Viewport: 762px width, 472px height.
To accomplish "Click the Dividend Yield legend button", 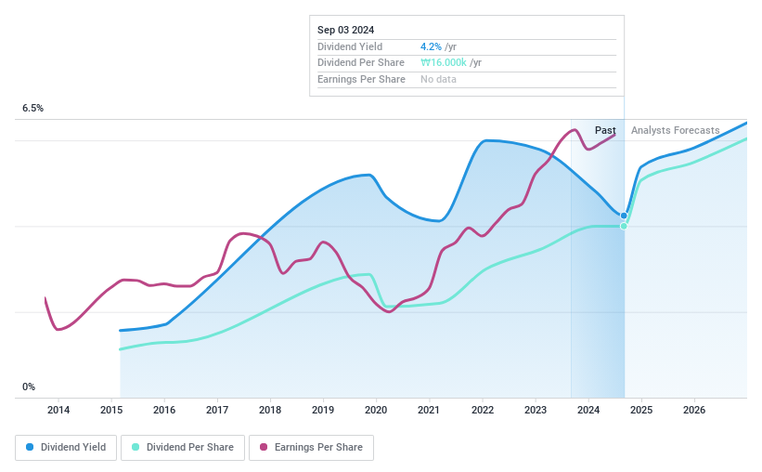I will tap(66, 447).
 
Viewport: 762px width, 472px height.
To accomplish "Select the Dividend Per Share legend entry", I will tap(184, 447).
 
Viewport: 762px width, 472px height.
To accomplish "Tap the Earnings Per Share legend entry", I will tap(311, 447).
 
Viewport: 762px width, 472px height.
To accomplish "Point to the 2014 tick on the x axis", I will tap(58, 410).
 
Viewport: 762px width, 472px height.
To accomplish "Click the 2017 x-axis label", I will tap(217, 410).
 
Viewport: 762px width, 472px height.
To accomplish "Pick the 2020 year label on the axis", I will tap(376, 410).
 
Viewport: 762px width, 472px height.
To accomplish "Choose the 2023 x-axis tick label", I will tap(536, 410).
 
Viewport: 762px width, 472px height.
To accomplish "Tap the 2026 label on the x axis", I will tap(694, 410).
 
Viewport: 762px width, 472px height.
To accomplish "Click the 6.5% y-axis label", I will tap(33, 109).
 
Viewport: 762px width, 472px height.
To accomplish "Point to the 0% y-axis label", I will tap(29, 387).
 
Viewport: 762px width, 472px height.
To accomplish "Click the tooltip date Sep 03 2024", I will tap(345, 30).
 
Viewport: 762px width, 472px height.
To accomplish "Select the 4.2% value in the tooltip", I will tap(431, 46).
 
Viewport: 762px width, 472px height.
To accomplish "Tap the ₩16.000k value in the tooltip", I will tap(444, 63).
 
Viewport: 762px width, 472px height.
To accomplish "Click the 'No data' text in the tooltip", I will tap(438, 80).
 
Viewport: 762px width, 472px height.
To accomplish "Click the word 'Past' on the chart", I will tap(605, 130).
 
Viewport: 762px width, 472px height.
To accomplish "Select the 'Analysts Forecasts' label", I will tap(675, 130).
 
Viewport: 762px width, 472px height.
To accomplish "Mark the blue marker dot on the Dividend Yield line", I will tap(624, 216).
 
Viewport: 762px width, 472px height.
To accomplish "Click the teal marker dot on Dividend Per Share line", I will tap(624, 226).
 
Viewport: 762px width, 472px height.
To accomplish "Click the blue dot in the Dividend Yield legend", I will tap(31, 447).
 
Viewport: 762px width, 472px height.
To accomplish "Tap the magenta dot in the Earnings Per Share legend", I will tap(265, 447).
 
